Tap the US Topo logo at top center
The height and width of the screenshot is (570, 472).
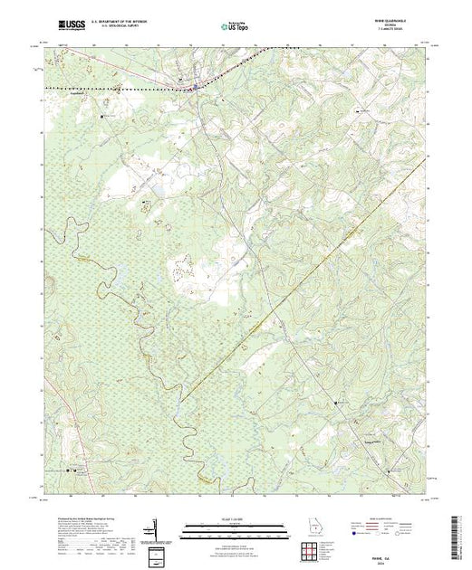tap(236, 27)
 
